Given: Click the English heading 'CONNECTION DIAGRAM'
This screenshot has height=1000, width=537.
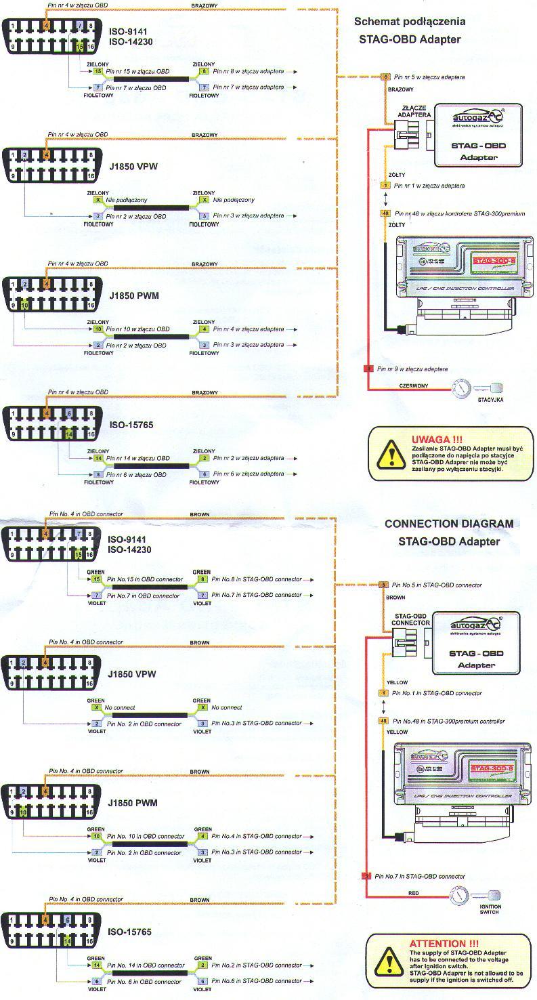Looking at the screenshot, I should pos(448,524).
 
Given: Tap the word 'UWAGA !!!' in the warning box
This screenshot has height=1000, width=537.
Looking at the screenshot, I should pos(437,439).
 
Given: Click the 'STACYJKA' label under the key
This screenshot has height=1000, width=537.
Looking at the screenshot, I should pos(490,400).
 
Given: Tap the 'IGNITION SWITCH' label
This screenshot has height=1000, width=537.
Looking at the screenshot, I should pos(490,909).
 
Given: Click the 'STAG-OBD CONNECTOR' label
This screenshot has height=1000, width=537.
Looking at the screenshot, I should pos(410,619).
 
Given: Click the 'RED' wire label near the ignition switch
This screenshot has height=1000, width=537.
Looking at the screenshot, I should pos(413,893).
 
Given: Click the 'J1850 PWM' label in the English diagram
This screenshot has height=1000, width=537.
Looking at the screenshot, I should pos(132,803).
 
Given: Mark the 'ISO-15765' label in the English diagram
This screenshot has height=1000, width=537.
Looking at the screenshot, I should pos(130,932).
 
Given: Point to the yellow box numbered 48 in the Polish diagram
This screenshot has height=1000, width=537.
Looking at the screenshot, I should pos(385,213).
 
